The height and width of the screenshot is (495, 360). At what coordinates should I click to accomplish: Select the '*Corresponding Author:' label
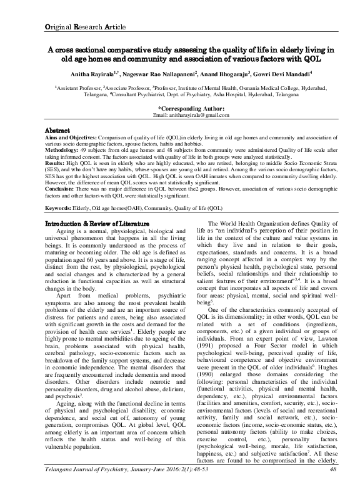[181, 109]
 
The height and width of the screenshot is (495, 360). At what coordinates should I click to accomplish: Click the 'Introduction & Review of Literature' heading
[98, 224]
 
